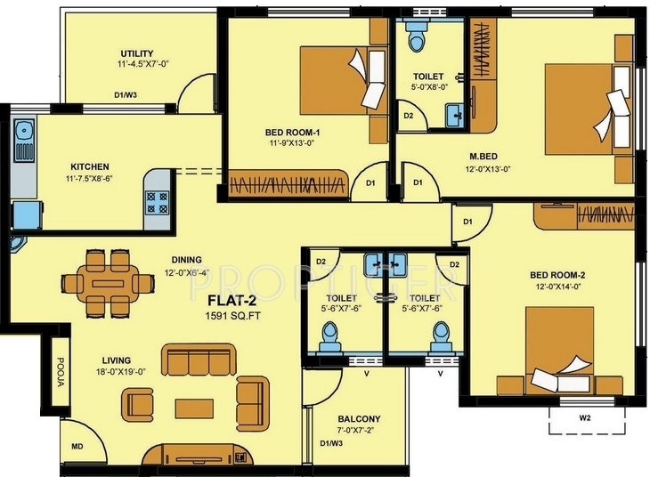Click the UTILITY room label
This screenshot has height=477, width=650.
click(x=137, y=54)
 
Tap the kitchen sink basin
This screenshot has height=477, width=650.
click(x=24, y=130)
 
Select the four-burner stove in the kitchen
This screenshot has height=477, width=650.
click(x=158, y=202)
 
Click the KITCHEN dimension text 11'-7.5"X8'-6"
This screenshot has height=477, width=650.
click(x=90, y=179)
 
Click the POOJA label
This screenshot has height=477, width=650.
click(x=61, y=372)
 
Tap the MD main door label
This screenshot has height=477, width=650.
click(x=77, y=447)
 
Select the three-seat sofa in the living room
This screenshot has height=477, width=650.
click(x=199, y=360)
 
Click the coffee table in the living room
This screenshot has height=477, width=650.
click(x=194, y=408)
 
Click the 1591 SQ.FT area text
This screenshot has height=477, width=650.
click(x=233, y=316)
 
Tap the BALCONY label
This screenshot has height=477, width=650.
click(x=359, y=419)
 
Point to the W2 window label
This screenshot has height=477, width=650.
click(x=584, y=418)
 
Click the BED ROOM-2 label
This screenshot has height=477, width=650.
click(x=557, y=275)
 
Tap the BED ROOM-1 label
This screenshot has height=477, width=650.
click(x=293, y=133)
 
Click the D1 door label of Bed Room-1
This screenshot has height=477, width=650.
click(x=370, y=182)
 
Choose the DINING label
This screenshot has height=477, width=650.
click(x=187, y=260)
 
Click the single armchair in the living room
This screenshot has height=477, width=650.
click(x=137, y=405)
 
